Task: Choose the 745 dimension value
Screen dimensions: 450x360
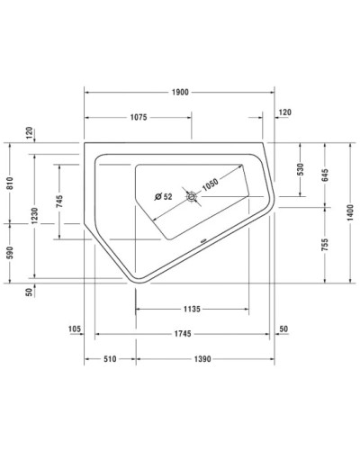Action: coord(59,202)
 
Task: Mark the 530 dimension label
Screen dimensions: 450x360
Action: coord(301,169)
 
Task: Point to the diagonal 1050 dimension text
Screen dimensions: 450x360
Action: coord(211,184)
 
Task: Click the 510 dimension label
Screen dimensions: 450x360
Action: coord(110,359)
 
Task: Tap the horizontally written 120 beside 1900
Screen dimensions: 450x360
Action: coord(285,112)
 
